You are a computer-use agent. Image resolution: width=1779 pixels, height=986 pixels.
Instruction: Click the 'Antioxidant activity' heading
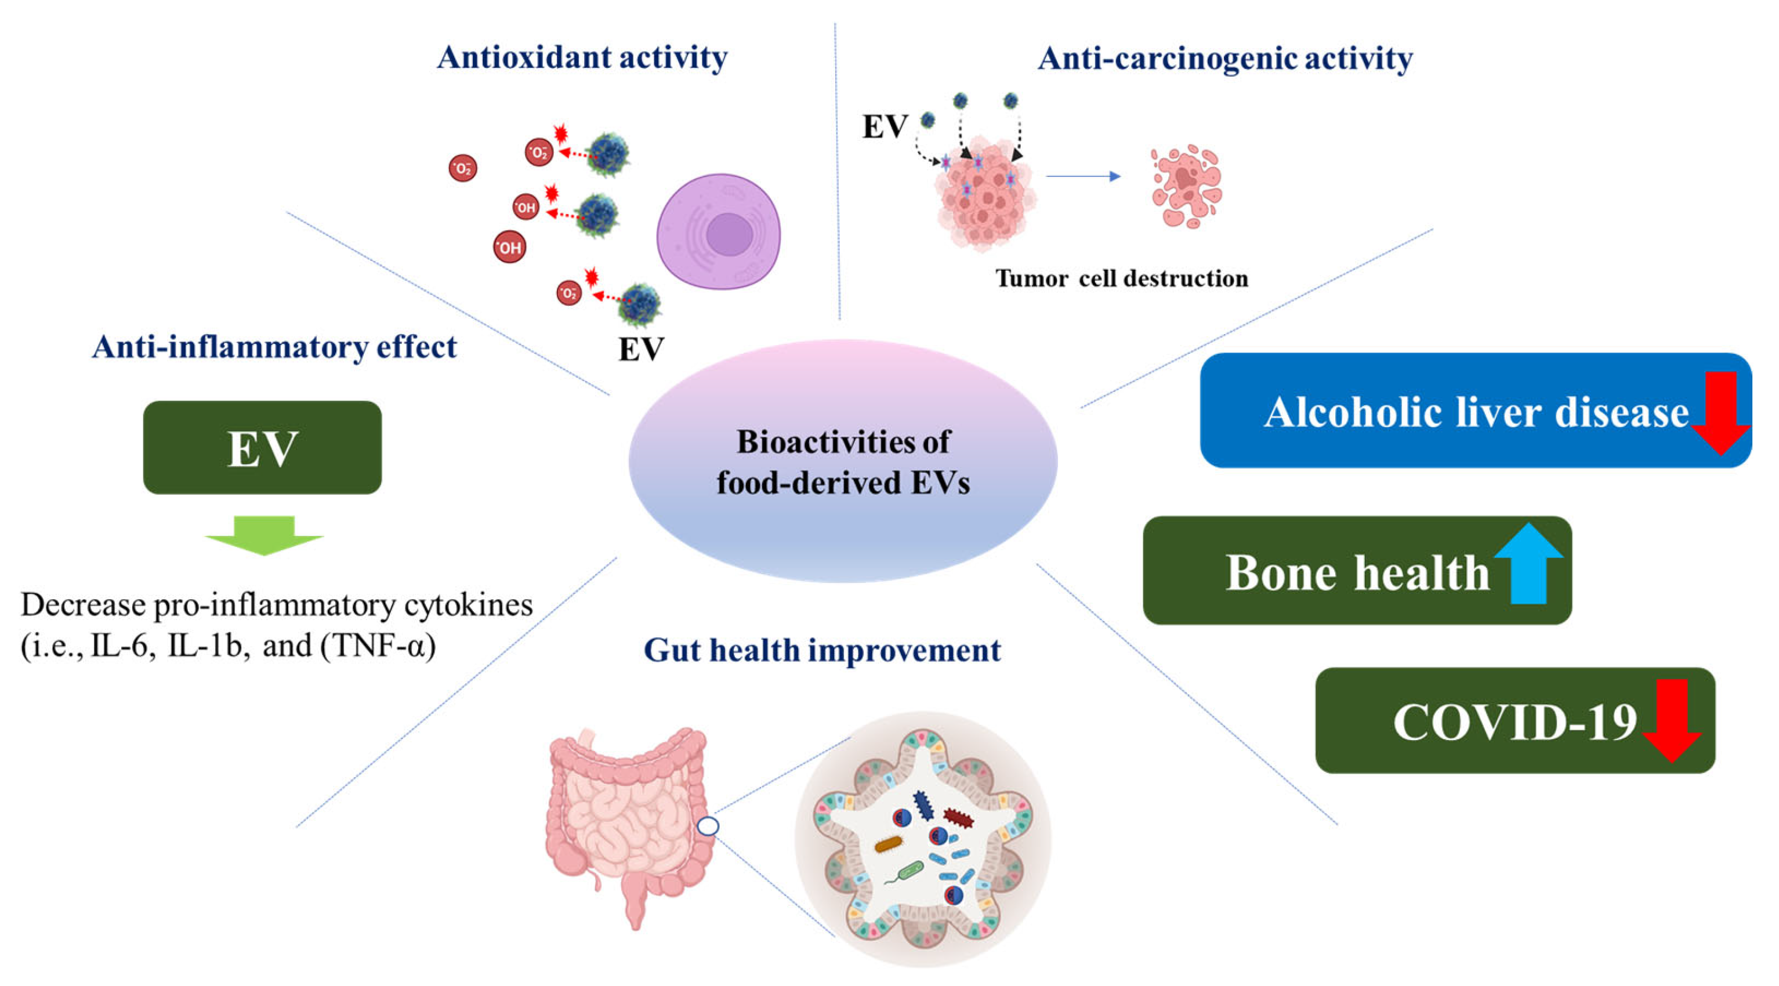click(582, 57)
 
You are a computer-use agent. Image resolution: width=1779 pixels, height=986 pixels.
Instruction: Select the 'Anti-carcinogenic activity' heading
click(1225, 59)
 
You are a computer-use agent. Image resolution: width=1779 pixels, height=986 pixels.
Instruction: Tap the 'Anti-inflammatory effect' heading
click(274, 347)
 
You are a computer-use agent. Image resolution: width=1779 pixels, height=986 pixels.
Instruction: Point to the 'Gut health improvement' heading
click(822, 650)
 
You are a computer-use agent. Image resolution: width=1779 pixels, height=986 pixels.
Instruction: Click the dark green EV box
click(262, 447)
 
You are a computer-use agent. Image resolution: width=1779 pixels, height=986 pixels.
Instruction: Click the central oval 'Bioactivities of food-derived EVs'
click(843, 461)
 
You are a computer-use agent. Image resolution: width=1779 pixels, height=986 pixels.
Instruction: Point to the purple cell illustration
click(718, 231)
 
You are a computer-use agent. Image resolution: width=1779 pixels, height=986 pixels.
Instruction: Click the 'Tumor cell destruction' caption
click(1122, 278)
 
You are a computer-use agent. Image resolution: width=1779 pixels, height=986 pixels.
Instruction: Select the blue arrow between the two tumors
click(1083, 177)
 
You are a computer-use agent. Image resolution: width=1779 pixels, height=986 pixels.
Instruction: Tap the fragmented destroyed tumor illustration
click(1186, 186)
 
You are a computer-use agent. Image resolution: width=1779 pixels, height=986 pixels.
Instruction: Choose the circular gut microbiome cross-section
click(923, 839)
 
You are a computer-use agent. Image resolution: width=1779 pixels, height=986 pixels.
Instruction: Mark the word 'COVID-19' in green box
click(1514, 722)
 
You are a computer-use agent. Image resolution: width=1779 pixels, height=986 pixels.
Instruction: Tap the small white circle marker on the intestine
click(708, 826)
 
